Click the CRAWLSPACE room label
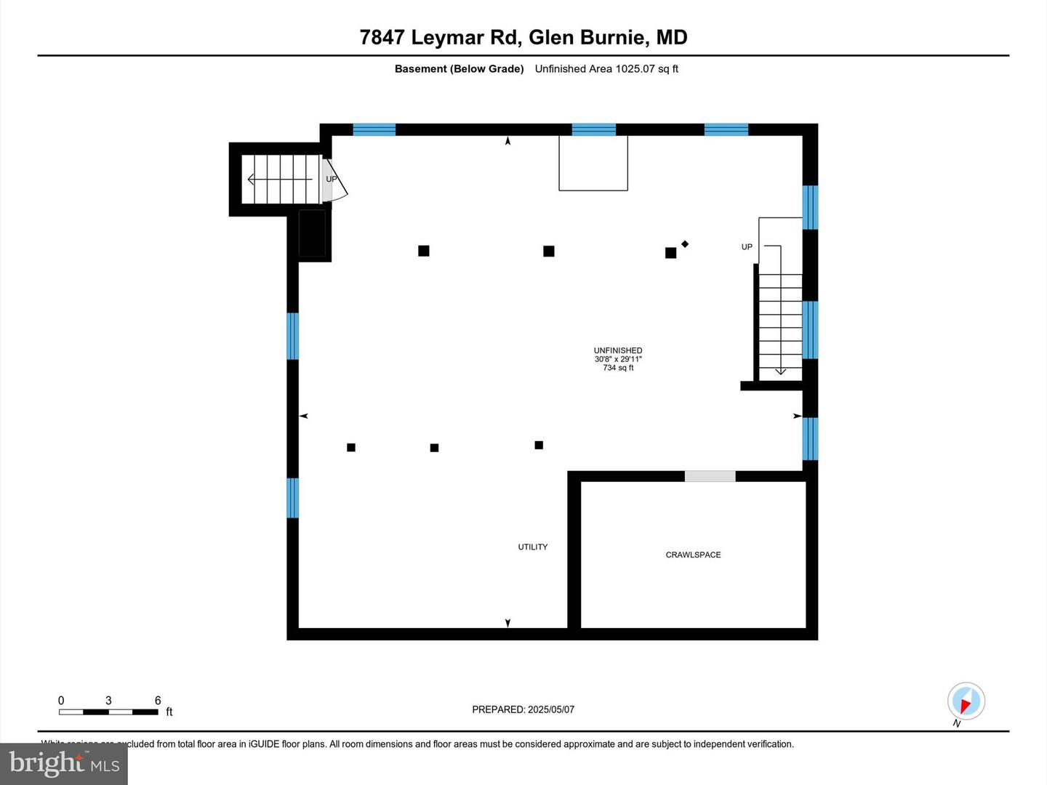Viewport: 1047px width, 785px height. click(x=693, y=555)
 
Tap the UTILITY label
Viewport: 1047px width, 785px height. click(x=532, y=547)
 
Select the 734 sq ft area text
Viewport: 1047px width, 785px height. click(x=618, y=368)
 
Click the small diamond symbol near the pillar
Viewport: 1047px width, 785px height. click(x=685, y=244)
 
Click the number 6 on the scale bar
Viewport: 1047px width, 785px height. click(x=158, y=701)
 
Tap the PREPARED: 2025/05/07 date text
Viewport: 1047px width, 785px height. click(x=523, y=709)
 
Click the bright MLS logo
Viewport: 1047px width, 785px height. click(x=64, y=763)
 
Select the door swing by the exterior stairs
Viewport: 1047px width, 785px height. click(x=336, y=182)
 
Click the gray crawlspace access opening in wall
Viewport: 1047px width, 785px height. click(x=710, y=477)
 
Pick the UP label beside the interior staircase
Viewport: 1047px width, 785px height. click(x=747, y=247)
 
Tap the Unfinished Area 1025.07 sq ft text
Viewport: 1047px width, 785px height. click(x=606, y=69)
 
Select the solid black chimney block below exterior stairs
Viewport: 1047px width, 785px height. click(x=312, y=233)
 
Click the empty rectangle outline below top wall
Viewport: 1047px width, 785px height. click(x=593, y=164)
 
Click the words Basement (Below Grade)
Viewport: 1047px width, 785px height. click(x=459, y=69)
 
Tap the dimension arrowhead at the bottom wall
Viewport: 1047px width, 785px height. click(x=508, y=623)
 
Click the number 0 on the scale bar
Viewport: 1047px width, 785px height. click(x=61, y=701)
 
